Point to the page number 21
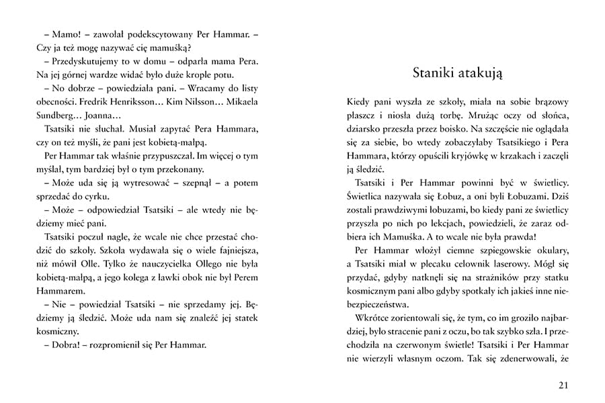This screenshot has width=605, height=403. pyautogui.click(x=563, y=384)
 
